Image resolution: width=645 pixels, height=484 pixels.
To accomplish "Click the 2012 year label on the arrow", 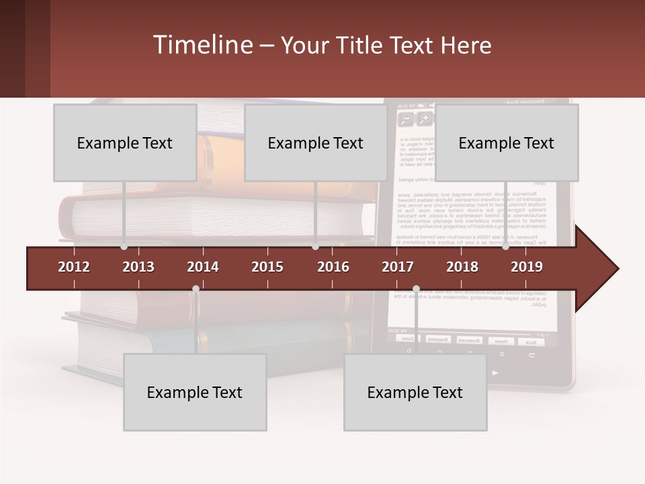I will tap(74, 267).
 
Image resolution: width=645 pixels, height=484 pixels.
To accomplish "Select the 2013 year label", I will tap(138, 267).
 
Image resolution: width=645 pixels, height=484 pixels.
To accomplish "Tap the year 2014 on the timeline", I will tap(203, 267).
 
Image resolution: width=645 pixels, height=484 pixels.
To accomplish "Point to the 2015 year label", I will tap(267, 267).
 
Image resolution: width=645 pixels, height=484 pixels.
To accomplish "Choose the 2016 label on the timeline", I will tap(333, 267).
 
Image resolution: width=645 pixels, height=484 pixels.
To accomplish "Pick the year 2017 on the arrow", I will tap(398, 267).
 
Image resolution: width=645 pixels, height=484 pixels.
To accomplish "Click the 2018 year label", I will tap(462, 267).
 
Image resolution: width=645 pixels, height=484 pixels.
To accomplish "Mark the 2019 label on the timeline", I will tap(527, 267).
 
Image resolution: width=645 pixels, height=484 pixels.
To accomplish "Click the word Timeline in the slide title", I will tap(202, 45).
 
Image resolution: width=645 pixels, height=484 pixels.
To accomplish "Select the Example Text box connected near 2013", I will tap(125, 143).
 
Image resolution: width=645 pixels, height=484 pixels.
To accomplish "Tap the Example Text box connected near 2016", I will tap(316, 143).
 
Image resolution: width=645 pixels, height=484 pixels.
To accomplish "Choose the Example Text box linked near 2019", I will tap(507, 143).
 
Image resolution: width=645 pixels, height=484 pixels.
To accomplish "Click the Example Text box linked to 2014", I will tap(195, 393).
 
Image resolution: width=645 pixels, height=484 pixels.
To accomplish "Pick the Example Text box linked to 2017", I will tap(415, 393).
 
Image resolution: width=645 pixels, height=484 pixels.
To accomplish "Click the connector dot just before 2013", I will tap(124, 247).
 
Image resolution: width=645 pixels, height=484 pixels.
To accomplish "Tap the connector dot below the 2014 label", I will tap(196, 289).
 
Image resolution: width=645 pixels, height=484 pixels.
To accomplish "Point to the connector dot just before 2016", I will tap(315, 247).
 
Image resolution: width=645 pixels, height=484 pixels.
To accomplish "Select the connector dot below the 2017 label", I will tap(416, 289).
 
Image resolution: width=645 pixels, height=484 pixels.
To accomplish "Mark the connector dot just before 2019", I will tap(505, 247).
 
